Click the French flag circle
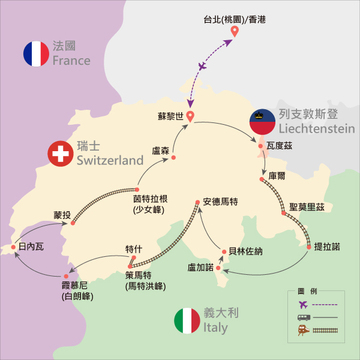36,53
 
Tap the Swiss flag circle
61,154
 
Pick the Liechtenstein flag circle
262,122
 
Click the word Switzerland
110,160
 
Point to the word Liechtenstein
316,128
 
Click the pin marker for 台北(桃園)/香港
235,31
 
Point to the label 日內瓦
31,246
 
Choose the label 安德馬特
221,202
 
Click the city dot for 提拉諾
309,246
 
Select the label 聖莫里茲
307,207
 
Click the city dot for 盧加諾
218,268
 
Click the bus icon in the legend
302,316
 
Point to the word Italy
215,328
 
